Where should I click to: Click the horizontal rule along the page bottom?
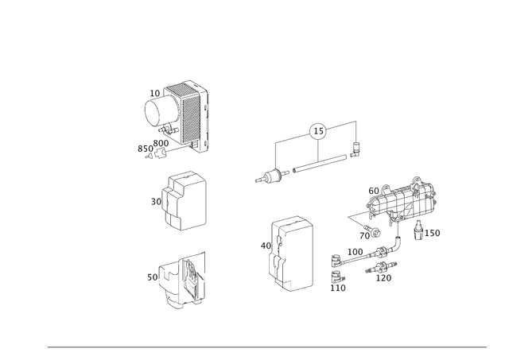(266, 347)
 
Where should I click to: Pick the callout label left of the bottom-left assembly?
(150, 277)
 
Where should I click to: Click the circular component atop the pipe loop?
(317, 129)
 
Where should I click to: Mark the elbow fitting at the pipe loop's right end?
(355, 146)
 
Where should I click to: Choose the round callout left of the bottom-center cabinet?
(264, 246)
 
